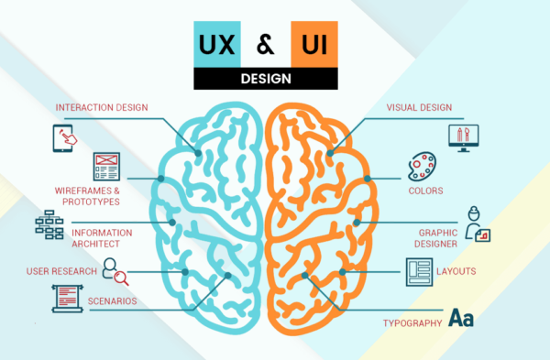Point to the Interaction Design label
(x=100, y=107)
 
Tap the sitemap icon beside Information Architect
(x=50, y=224)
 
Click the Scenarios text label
(x=112, y=300)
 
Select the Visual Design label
(x=421, y=107)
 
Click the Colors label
(x=426, y=191)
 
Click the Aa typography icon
(x=462, y=318)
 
